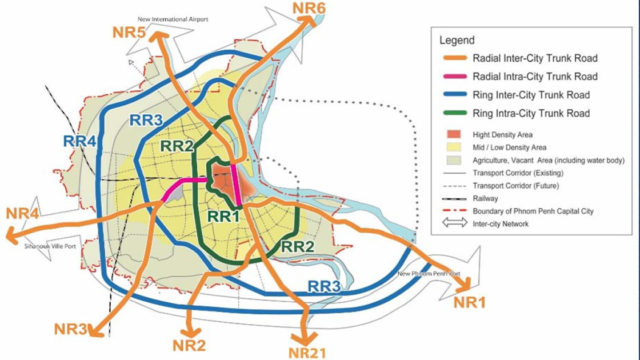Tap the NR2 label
(x=203, y=345)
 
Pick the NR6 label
(x=310, y=9)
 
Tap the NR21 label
(x=306, y=351)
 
